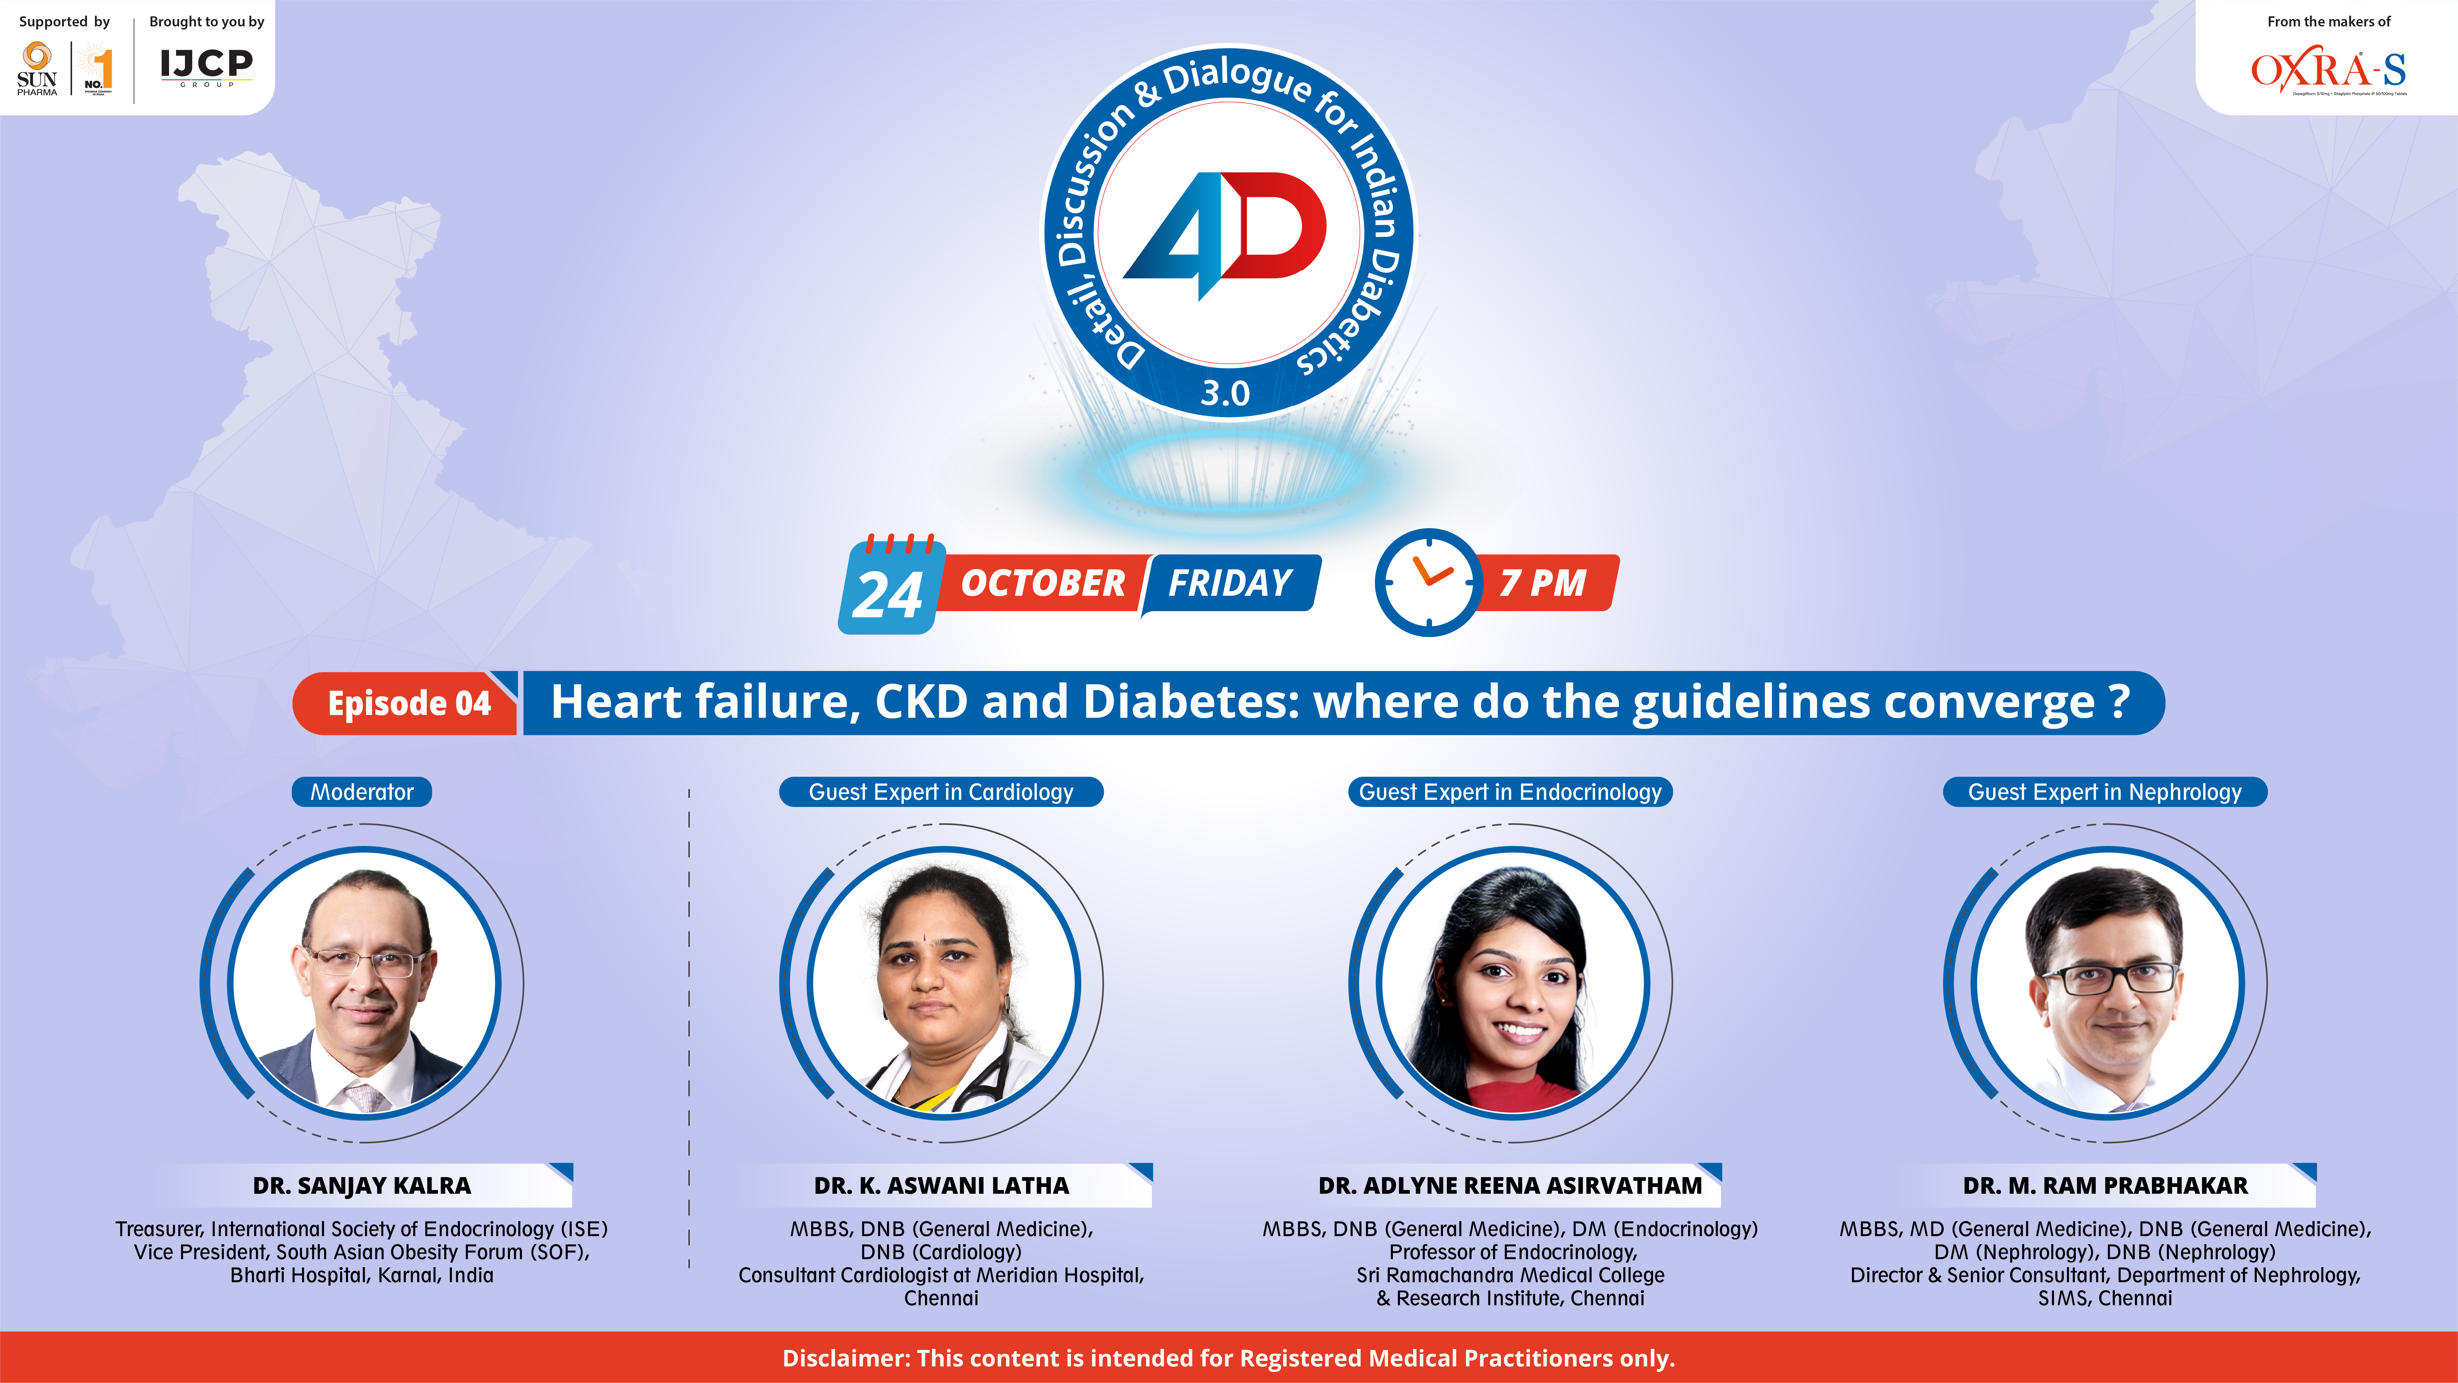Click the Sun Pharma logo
coord(37,69)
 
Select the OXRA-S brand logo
coord(2328,73)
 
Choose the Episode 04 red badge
coord(408,703)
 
